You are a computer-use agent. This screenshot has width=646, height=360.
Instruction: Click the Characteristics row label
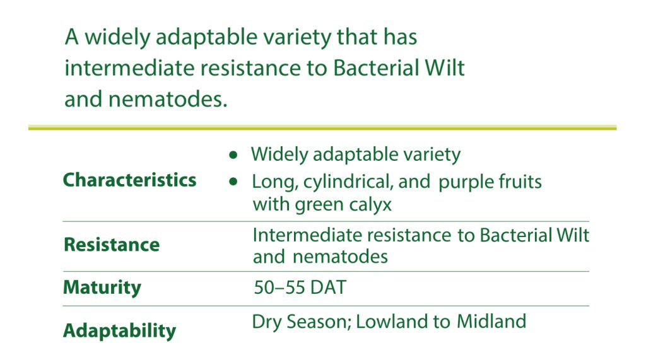pos(129,180)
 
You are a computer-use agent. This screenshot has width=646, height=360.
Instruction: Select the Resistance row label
pos(112,245)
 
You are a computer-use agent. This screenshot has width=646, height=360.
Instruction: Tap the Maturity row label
pos(102,287)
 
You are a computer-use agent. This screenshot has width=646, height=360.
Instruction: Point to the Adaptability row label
pos(119,330)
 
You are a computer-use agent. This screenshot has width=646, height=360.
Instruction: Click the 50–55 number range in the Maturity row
pos(279,287)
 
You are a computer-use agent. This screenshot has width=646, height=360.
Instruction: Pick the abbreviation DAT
pos(328,287)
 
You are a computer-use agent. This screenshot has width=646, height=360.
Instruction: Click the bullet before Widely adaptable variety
pos(233,155)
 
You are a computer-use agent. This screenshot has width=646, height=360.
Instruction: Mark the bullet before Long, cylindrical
pos(233,182)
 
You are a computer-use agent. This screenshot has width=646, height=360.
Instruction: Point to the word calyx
pos(370,205)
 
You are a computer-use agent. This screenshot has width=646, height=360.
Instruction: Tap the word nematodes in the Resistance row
pos(340,257)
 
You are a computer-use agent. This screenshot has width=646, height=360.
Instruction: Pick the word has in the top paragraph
pos(400,37)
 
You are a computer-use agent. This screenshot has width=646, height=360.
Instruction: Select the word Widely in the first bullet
pos(279,155)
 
